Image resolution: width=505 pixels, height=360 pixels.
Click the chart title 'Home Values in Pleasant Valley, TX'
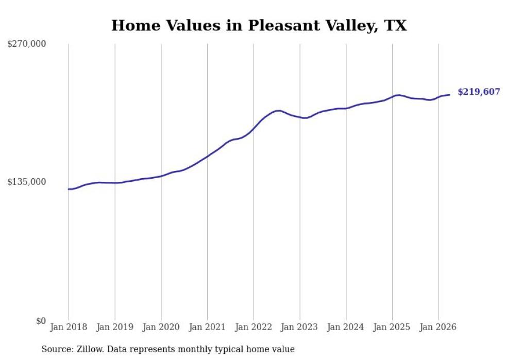[x=259, y=25]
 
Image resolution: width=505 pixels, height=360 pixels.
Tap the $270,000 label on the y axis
[x=27, y=43]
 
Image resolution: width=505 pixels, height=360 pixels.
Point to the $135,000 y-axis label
[x=27, y=182]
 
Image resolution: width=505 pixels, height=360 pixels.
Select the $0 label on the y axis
[x=41, y=321]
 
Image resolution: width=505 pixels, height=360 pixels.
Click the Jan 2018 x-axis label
[x=69, y=327]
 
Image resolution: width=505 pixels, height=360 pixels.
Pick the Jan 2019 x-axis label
[x=115, y=327]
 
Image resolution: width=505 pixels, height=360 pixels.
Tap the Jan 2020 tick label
[x=161, y=327]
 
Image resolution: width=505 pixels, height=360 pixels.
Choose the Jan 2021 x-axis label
[x=207, y=327]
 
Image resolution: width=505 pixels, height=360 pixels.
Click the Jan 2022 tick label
[x=254, y=327]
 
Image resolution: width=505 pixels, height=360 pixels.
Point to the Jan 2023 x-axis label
[x=299, y=327]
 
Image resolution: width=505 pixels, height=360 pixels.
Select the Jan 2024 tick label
[x=346, y=327]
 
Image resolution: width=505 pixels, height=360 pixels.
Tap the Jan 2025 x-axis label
[x=392, y=327]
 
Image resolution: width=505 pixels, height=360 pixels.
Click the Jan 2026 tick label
[x=438, y=327]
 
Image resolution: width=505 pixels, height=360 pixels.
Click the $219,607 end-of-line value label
[x=479, y=92]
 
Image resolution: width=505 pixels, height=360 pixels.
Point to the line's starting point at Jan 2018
[x=69, y=189]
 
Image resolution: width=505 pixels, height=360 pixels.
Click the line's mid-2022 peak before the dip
[x=279, y=110]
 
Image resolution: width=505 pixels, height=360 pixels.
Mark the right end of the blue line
[x=449, y=95]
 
